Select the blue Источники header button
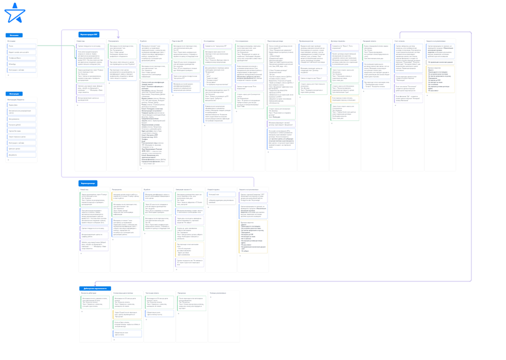coord(14,35)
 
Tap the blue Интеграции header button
coord(14,94)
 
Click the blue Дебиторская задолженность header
coord(95,288)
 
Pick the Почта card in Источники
coord(21,46)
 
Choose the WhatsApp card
coord(21,64)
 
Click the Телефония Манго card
coord(21,58)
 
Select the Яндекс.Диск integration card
coord(21,105)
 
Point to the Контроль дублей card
coord(21,125)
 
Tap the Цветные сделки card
coord(21,149)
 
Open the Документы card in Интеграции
coord(21,155)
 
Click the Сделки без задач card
coord(21,131)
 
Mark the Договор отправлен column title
coord(338,41)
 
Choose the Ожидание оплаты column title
coord(369,41)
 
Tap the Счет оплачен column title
coord(400,41)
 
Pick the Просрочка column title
coord(182,293)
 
